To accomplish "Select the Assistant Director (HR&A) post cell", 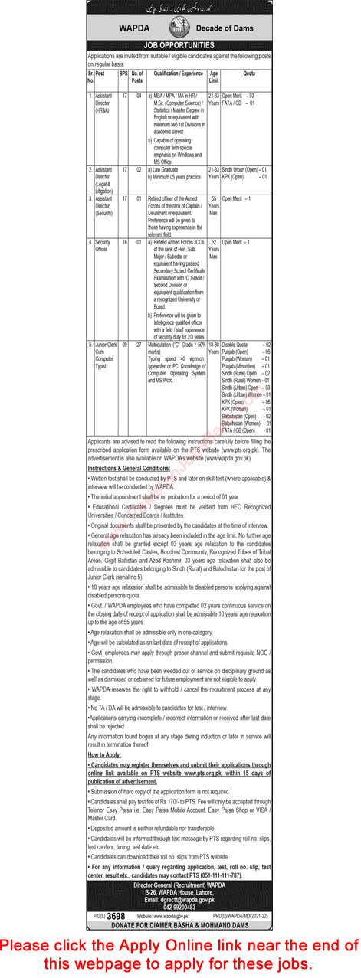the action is tap(104, 103).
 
